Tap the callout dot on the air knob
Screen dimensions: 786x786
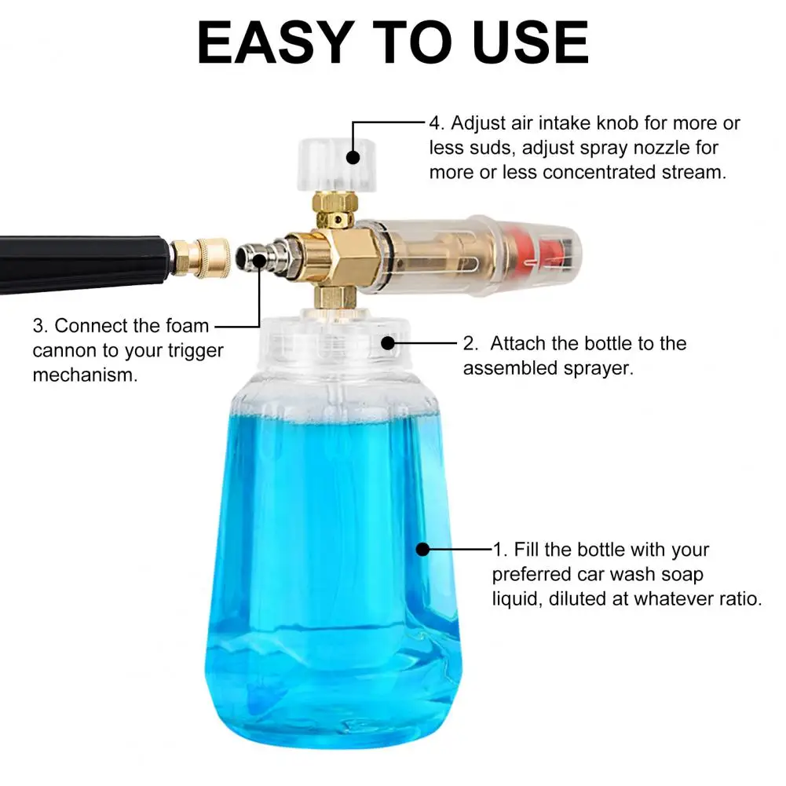coord(353,157)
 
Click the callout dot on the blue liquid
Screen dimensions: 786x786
coord(423,549)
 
